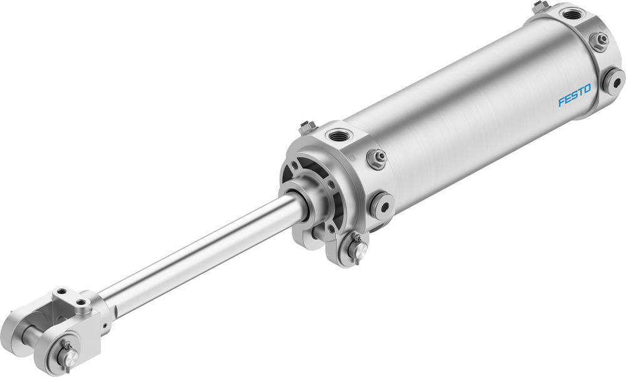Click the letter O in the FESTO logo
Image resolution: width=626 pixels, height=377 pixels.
(x=587, y=90)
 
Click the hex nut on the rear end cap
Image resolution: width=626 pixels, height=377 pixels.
(x=599, y=41)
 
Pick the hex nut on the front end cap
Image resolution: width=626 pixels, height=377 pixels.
(x=377, y=159)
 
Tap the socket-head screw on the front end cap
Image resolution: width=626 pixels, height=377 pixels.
(x=381, y=204)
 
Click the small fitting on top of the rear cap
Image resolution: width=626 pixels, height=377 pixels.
(x=539, y=6)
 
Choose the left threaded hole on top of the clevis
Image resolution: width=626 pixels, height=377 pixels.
(x=61, y=293)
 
